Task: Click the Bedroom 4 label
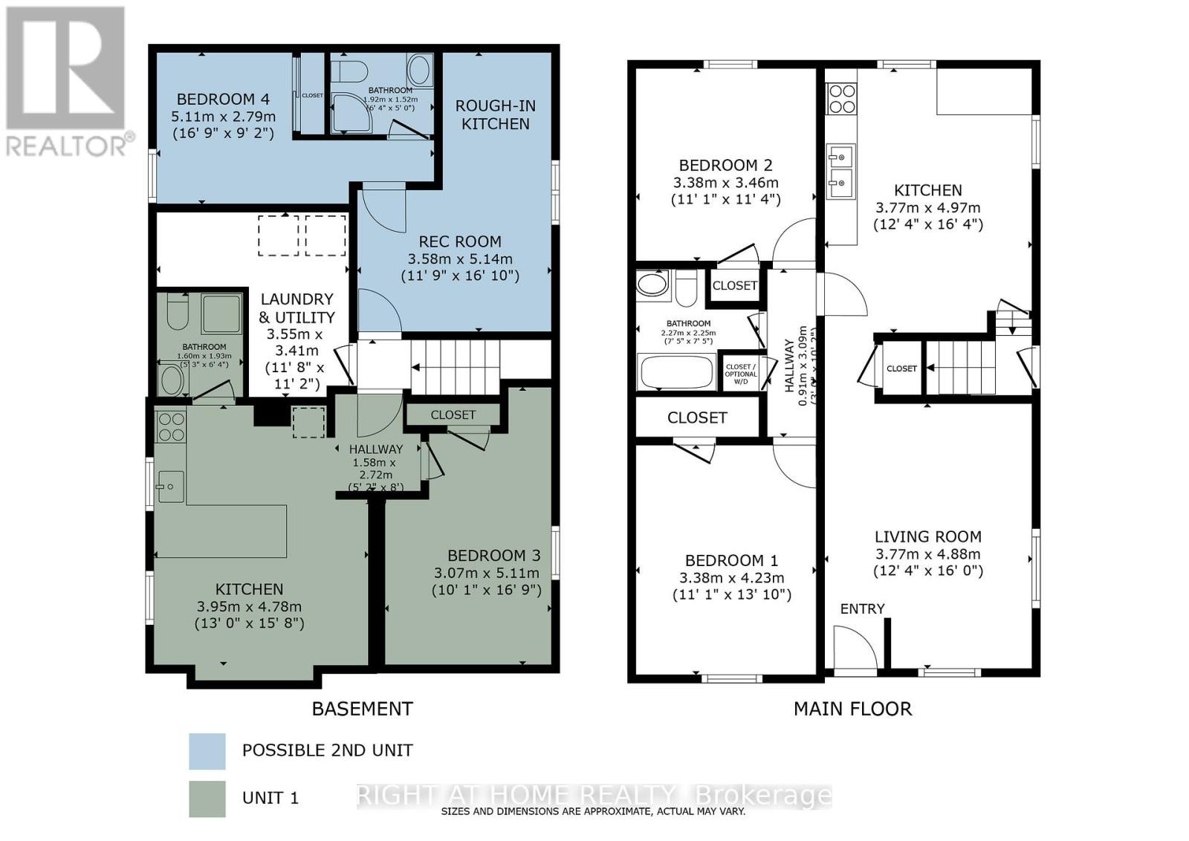point(223,100)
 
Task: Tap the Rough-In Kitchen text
point(496,115)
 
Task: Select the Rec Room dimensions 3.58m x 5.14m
point(460,259)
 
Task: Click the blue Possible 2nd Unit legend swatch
point(207,751)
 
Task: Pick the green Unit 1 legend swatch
point(207,799)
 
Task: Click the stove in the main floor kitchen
point(842,99)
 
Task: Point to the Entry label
point(862,609)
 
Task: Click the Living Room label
point(927,536)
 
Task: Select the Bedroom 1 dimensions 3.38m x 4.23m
point(732,578)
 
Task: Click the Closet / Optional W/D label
point(740,374)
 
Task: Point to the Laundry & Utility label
point(296,308)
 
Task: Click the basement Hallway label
point(376,449)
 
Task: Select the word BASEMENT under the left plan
point(362,709)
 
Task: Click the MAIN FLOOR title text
point(852,709)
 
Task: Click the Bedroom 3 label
point(493,556)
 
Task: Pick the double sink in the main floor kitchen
point(841,169)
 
